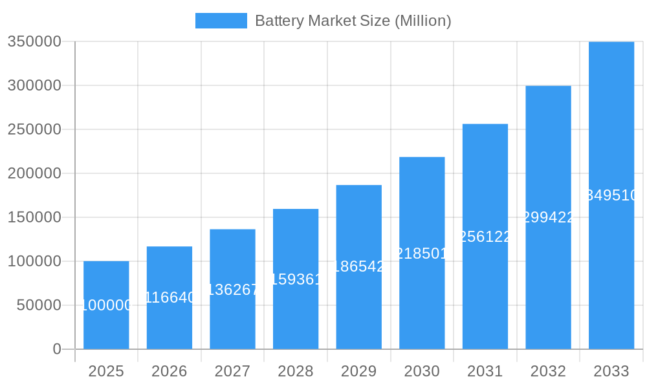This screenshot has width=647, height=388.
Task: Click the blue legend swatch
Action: [x=221, y=21]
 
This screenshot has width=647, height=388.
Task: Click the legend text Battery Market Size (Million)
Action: [x=353, y=21]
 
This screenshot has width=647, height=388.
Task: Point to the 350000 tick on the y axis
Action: [x=34, y=41]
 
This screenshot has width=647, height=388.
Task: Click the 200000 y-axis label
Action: [x=34, y=173]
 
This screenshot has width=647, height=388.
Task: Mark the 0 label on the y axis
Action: [x=57, y=349]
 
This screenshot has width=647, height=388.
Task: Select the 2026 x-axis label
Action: [x=169, y=371]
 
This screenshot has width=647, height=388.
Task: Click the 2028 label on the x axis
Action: [x=295, y=371]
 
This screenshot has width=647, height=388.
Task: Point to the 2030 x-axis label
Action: [x=422, y=371]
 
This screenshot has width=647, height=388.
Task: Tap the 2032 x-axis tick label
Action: [x=548, y=371]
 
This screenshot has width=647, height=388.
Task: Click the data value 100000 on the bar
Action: [x=106, y=305]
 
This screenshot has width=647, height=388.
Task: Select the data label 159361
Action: [x=295, y=279]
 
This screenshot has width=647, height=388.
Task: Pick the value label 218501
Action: [x=422, y=253]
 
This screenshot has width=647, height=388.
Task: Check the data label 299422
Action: [x=548, y=217]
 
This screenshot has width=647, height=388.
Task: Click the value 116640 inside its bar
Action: [x=169, y=297]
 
